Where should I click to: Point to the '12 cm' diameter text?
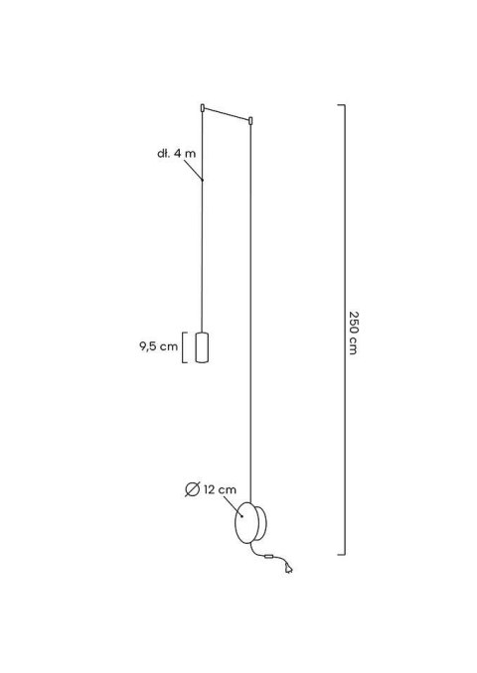point(220,487)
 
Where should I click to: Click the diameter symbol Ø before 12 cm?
point(194,487)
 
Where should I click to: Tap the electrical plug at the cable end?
point(288,569)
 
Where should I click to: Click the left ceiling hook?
point(202,105)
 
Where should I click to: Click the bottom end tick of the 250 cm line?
point(341,554)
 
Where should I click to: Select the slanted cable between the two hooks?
point(227,114)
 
